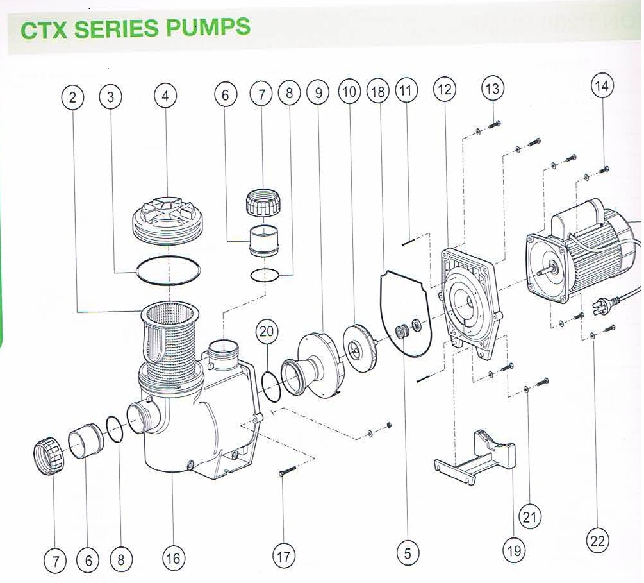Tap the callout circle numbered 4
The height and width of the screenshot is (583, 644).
tap(165, 96)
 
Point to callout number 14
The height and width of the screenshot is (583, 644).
tap(603, 86)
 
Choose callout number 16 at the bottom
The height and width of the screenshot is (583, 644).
tap(173, 558)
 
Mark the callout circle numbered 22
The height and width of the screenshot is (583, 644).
tap(597, 541)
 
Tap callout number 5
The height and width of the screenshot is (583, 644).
tap(408, 553)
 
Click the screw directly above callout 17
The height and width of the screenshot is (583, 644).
tap(286, 473)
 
